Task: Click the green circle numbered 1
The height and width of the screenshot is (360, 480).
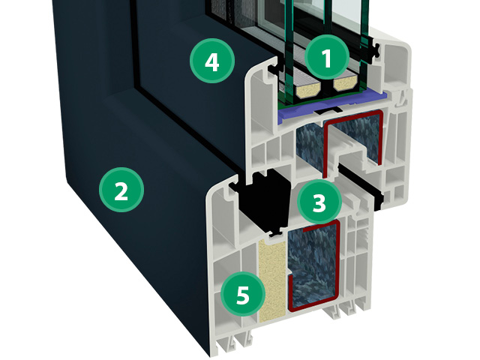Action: point(327,57)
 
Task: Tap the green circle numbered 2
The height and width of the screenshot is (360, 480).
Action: point(121,190)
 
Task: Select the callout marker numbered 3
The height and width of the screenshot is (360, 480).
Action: point(319,202)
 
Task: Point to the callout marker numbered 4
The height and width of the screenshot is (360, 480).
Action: point(212,61)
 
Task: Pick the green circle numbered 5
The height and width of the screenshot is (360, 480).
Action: point(243,294)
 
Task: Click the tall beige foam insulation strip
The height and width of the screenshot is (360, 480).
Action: point(271,280)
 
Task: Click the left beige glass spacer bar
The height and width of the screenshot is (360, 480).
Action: point(307,88)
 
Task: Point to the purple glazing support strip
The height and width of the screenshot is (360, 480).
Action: point(331,106)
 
